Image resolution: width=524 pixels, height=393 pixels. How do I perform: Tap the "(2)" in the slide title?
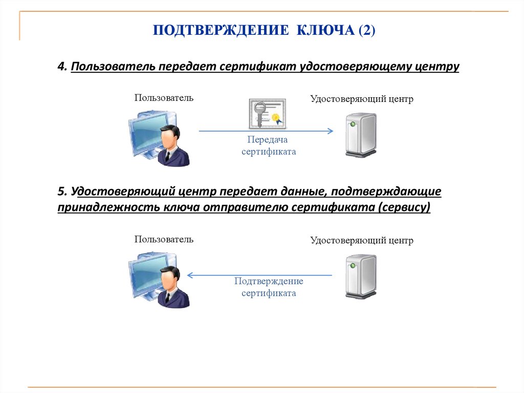click(367, 31)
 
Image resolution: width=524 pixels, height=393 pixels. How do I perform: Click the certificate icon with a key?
click(267, 114)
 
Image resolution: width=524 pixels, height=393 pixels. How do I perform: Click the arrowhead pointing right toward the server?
click(330, 131)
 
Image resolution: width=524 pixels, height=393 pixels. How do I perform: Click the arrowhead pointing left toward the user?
click(190, 275)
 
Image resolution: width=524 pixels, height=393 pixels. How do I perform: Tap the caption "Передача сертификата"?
click(268, 146)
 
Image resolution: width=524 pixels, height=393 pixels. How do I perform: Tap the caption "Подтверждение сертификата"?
click(269, 287)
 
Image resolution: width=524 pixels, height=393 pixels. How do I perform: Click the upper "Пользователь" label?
click(164, 97)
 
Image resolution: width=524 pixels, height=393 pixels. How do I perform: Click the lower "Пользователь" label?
click(164, 239)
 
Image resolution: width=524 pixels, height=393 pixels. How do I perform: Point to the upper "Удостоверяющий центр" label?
click(361, 99)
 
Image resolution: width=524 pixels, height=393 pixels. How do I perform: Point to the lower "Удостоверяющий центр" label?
click(361, 240)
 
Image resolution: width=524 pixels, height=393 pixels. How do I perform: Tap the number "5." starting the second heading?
click(62, 192)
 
